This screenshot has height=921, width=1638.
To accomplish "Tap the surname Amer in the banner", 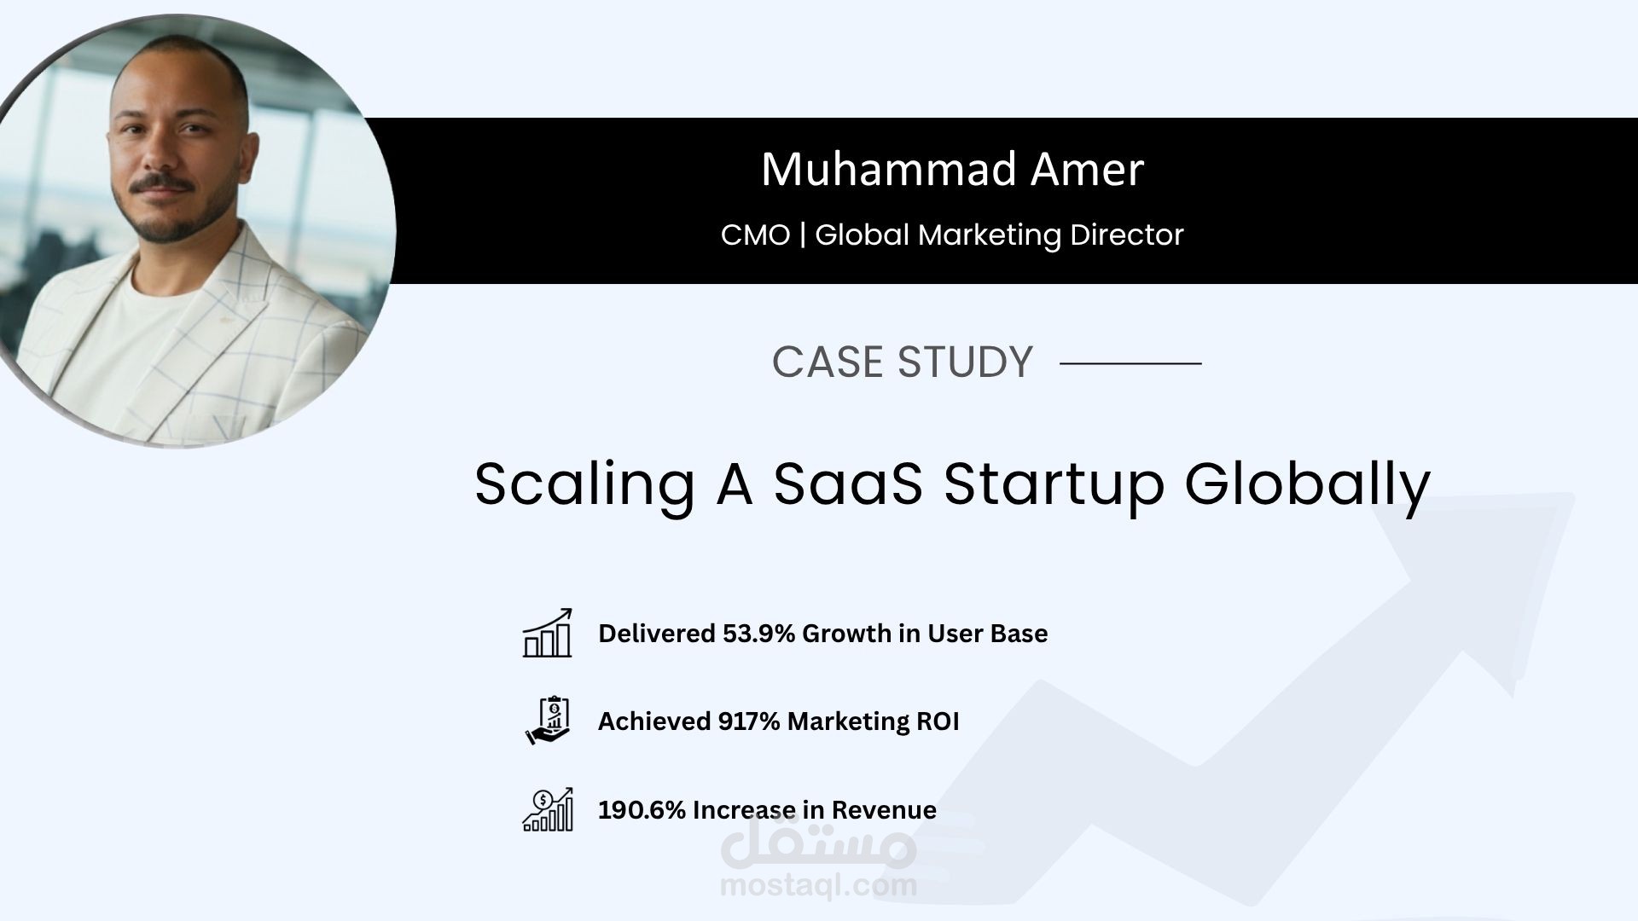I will click(x=1087, y=170).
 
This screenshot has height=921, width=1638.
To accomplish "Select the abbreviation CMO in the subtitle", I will click(x=755, y=235).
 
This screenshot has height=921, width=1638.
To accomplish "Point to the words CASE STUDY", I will click(x=902, y=362).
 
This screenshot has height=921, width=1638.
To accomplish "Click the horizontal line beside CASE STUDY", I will click(x=1130, y=363).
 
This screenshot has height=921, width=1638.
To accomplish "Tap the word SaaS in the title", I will click(x=848, y=484).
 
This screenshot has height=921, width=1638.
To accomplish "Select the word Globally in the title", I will click(x=1307, y=484).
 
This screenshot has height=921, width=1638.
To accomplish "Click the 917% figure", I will click(x=748, y=721).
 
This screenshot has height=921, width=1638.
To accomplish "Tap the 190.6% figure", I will click(x=642, y=810).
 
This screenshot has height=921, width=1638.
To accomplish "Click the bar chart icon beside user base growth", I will click(x=547, y=634).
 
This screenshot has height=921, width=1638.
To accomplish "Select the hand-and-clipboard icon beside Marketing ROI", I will click(x=548, y=721).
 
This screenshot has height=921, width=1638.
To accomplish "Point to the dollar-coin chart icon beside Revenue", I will click(x=548, y=809).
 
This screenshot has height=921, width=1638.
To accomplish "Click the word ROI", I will click(x=938, y=721).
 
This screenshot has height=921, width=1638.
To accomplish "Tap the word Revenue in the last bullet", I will click(x=884, y=810).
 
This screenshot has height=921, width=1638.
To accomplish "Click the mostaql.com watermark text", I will click(x=818, y=885).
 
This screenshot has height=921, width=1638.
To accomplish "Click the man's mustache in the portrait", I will click(x=161, y=184).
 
